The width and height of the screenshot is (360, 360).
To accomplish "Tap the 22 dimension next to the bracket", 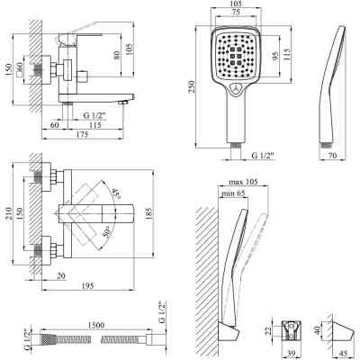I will [x=267, y=332].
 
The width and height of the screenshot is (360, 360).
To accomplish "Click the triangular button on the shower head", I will [x=235, y=90].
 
